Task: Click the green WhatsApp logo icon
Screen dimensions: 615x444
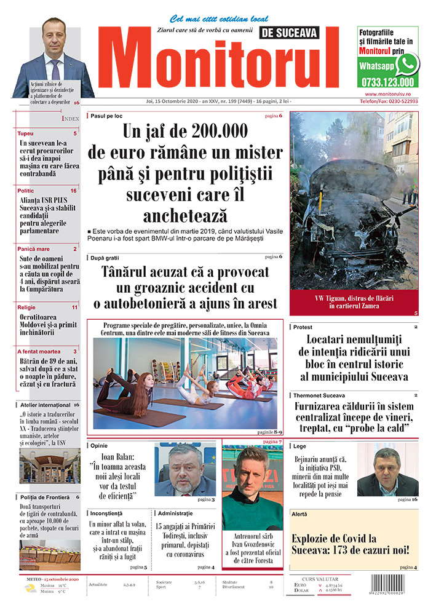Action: [x=407, y=64]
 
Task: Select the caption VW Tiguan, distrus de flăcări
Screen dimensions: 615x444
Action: [x=353, y=298]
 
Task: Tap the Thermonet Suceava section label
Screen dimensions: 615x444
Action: [x=319, y=395]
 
